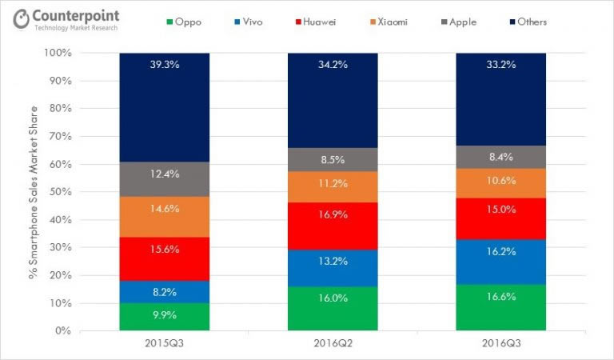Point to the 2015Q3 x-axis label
click(x=165, y=345)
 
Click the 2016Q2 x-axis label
click(x=333, y=345)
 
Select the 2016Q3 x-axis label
click(x=500, y=345)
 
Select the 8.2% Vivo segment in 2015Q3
click(x=165, y=292)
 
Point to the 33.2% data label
click(x=500, y=65)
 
